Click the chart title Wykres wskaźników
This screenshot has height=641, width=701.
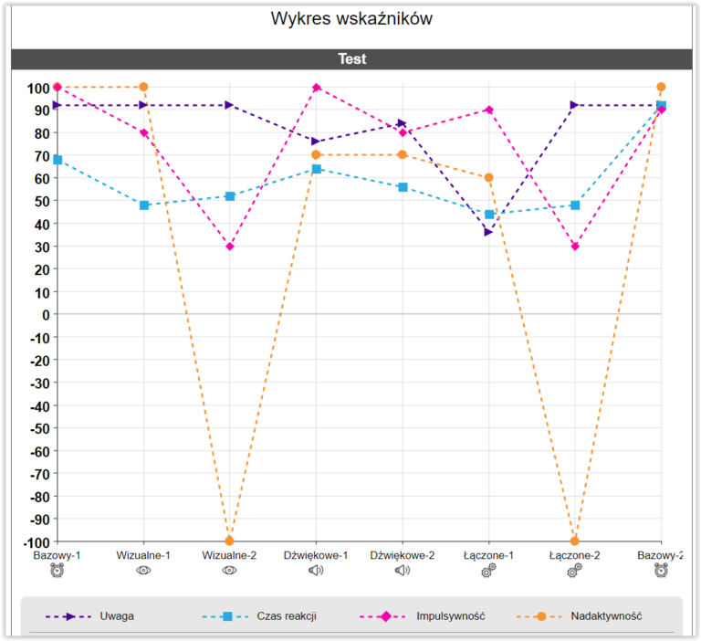[x=351, y=19]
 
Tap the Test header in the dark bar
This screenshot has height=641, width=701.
[x=351, y=59]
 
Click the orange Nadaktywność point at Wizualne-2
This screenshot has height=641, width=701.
[x=229, y=541]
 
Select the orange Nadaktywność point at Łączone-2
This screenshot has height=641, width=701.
[x=575, y=541]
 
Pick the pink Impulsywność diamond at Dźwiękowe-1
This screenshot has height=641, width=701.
[x=317, y=88]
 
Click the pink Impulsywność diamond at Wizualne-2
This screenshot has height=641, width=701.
[x=230, y=247]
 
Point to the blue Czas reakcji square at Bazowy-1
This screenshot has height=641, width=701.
[x=58, y=160]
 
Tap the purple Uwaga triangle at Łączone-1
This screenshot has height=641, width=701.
[x=488, y=232]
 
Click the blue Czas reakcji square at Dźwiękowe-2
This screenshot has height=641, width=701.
[x=403, y=187]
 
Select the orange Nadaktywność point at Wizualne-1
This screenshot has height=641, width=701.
[x=143, y=87]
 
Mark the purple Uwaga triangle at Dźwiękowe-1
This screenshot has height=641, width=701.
[x=316, y=142]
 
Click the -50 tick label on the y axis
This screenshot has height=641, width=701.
[x=40, y=428]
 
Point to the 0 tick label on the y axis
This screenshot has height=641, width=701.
[x=46, y=315]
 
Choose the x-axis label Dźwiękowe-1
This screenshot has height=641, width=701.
[x=316, y=555]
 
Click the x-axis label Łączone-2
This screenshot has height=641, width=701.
[x=574, y=555]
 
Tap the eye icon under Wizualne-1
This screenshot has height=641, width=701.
[x=143, y=571]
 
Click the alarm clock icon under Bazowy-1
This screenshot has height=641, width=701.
[x=58, y=571]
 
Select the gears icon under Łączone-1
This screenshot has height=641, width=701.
[x=488, y=571]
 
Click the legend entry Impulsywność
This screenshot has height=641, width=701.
[x=451, y=616]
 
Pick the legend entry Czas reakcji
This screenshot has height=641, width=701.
[x=287, y=616]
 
